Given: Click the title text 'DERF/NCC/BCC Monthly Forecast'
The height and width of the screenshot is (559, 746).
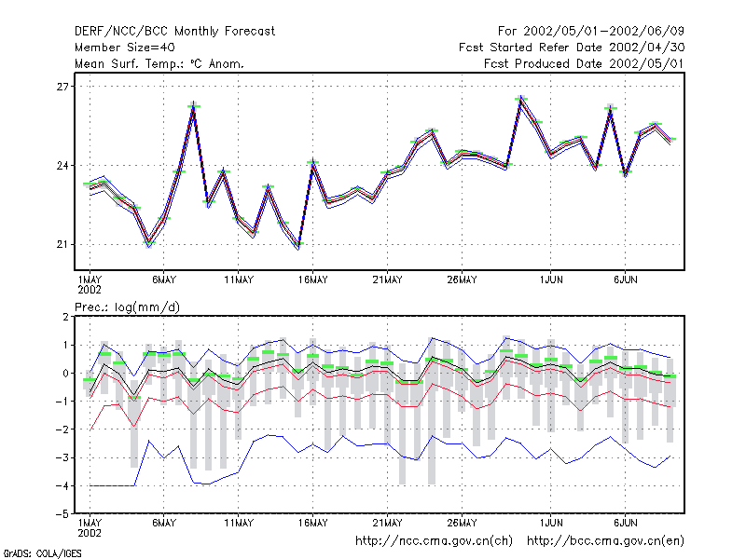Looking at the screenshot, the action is [x=174, y=32].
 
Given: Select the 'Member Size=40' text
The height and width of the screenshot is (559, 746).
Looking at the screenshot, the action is [x=125, y=48].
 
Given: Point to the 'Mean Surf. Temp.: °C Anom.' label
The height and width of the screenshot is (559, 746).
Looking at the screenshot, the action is [x=159, y=63].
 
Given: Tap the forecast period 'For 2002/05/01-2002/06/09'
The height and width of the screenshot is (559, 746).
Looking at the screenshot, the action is [x=591, y=32].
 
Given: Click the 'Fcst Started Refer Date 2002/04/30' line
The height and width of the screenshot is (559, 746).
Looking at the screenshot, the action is [x=572, y=48].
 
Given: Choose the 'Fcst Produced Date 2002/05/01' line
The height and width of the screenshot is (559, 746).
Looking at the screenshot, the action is [x=585, y=63].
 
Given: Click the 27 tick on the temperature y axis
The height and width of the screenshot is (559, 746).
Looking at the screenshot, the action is [x=62, y=87].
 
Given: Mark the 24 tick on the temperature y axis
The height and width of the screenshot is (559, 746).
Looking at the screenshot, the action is [x=62, y=166].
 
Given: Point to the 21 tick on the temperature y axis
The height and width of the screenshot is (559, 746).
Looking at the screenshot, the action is [x=62, y=244].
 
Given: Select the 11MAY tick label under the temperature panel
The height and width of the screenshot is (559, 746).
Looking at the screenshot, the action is [x=239, y=280].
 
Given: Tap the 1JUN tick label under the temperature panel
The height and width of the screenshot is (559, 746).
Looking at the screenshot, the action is [x=551, y=280].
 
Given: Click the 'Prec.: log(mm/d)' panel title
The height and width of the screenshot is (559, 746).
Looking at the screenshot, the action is [x=128, y=307].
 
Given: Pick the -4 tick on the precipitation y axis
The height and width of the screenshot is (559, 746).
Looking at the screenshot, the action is [x=62, y=485].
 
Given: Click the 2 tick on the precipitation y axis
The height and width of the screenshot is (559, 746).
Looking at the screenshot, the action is [x=65, y=317].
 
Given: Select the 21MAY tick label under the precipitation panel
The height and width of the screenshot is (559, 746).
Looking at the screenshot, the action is [x=387, y=523].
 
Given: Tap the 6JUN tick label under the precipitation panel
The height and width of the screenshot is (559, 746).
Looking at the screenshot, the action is [x=625, y=523].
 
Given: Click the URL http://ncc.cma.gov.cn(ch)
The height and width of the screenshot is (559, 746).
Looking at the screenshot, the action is [x=434, y=541].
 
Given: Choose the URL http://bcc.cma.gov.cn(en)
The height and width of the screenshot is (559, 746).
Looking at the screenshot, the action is [x=605, y=541].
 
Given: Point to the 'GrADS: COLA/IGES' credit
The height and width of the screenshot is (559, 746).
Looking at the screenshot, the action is [x=42, y=553].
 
